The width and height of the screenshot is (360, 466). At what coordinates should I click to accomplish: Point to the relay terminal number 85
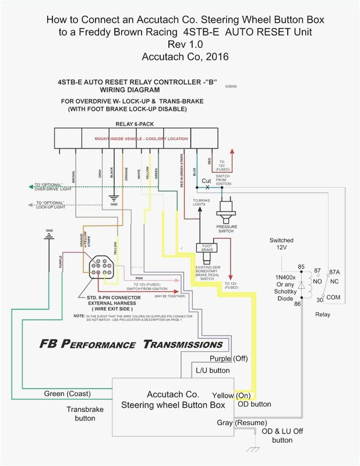[x=301, y=251]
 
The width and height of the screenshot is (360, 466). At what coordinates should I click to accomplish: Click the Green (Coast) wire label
[x=67, y=394]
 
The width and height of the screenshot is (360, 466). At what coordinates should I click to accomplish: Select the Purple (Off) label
[x=228, y=358]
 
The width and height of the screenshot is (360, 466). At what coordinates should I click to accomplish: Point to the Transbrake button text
[x=84, y=414]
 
